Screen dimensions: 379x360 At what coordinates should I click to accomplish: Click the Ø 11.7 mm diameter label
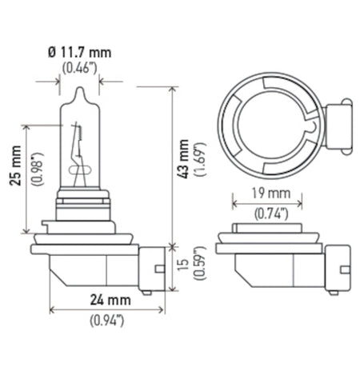79,53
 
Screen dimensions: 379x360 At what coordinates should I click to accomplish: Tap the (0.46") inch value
79,68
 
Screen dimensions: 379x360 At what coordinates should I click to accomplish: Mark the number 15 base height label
183,266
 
